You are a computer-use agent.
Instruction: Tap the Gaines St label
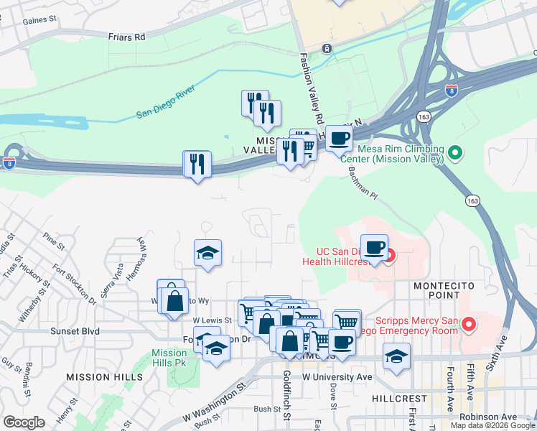click(x=39, y=22)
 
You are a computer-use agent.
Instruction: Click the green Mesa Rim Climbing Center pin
click(x=454, y=153)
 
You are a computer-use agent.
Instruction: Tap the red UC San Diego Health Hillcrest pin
click(x=389, y=254)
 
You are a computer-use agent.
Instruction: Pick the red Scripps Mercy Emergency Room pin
click(x=470, y=325)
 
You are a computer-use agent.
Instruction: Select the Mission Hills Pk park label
click(x=169, y=358)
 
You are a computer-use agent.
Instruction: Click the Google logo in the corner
click(x=24, y=422)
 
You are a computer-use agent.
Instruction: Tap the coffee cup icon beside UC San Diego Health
click(x=373, y=248)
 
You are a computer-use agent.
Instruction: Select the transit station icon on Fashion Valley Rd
click(x=327, y=48)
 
